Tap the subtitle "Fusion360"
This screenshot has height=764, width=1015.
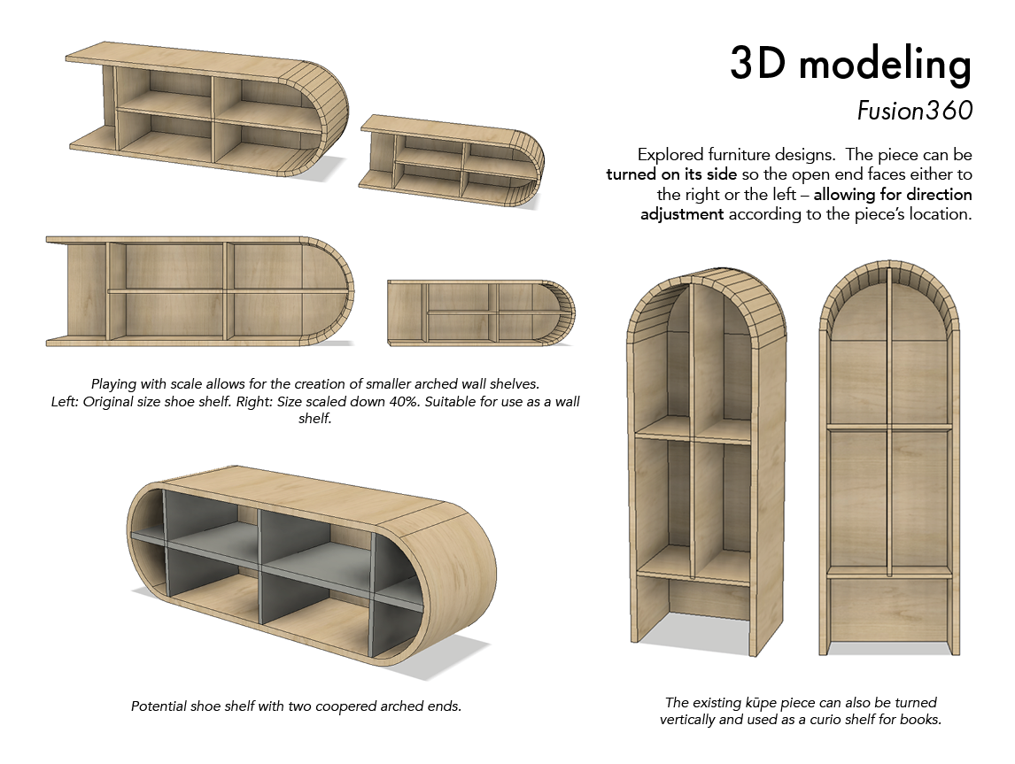915,111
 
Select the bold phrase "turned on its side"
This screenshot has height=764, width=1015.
665,174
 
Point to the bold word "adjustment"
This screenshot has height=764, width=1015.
682,214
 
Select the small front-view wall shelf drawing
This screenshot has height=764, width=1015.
481,313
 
